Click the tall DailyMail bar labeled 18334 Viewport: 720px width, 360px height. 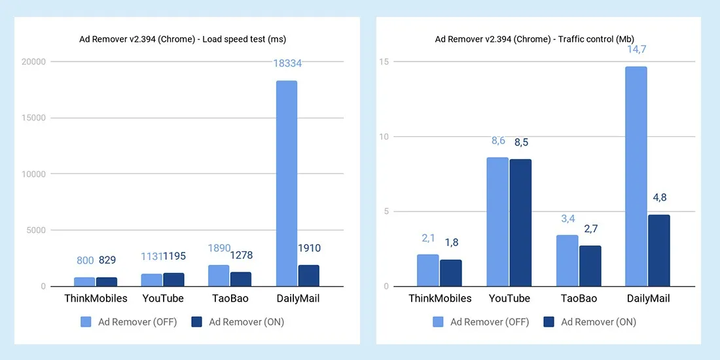click(286, 183)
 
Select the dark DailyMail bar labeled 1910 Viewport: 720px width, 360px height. click(308, 276)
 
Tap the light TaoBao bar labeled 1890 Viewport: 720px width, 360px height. click(219, 276)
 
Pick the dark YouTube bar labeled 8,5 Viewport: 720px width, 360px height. click(520, 223)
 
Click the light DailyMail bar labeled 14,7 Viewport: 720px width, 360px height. click(636, 177)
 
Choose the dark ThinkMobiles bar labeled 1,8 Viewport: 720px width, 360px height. click(451, 273)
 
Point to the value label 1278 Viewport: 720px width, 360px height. click(241, 255)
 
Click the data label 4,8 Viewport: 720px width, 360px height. click(658, 198)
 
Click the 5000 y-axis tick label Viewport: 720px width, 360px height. click(35, 230)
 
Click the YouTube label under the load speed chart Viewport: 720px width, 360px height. click(164, 298)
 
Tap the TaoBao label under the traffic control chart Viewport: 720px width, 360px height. click(579, 298)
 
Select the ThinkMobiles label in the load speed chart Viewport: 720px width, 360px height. click(96, 298)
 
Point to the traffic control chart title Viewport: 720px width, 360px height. click(535, 39)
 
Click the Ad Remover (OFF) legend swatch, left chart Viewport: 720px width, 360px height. click(86, 321)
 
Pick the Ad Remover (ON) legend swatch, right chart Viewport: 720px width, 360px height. click(549, 321)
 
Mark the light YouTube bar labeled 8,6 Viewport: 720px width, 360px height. click(497, 222)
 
